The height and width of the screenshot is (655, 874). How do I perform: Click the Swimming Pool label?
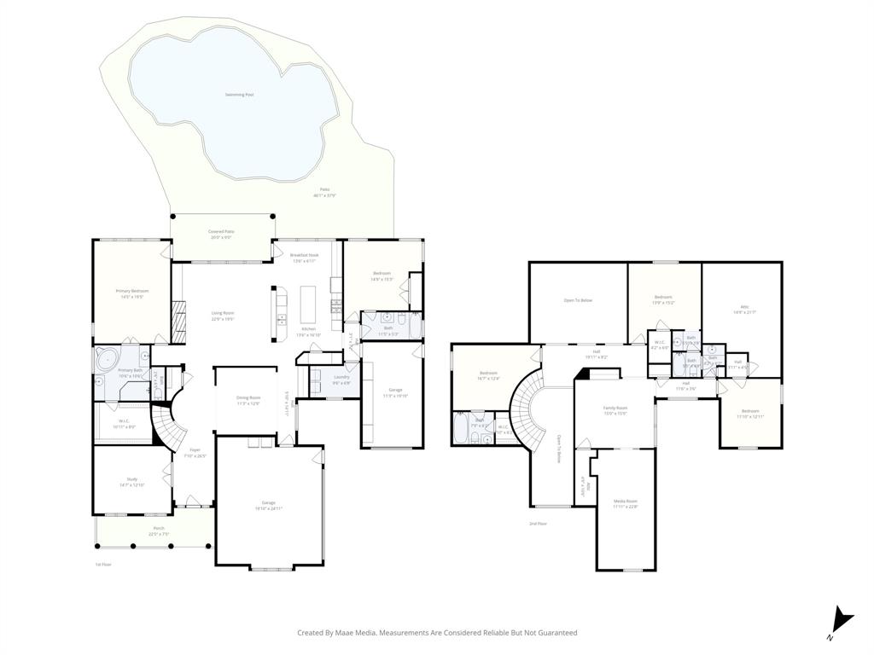(239, 95)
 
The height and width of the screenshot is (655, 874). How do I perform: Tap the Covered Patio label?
(222, 231)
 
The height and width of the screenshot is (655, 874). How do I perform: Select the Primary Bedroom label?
(132, 291)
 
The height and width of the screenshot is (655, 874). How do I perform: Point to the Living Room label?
(223, 313)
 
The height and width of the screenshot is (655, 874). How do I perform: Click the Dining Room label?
(248, 397)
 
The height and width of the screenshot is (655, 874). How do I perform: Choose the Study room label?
(132, 479)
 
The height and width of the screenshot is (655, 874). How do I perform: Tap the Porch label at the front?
(159, 528)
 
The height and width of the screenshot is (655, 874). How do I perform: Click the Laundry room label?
(341, 376)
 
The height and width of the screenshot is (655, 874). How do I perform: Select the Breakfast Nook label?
(304, 255)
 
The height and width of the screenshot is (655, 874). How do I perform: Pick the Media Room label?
(626, 501)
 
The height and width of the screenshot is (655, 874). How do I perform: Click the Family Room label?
(615, 409)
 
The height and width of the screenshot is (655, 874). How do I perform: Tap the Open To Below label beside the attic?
(578, 300)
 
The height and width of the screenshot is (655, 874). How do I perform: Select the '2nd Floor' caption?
(538, 524)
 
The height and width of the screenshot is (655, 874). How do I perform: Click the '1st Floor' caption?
(102, 564)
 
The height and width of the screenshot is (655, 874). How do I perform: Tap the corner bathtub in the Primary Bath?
(109, 358)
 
